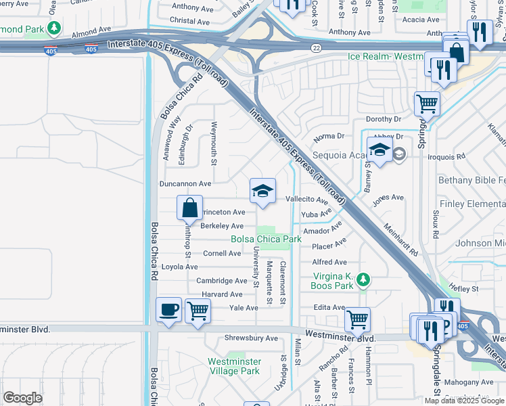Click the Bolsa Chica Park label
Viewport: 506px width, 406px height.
tap(266, 239)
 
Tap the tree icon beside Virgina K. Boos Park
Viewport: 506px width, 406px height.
tap(363, 279)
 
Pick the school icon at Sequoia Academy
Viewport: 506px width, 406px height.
tap(379, 150)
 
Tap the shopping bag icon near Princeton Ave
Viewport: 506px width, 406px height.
tap(190, 208)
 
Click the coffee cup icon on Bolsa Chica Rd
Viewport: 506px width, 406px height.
tap(168, 310)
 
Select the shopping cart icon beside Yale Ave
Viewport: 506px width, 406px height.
tap(198, 311)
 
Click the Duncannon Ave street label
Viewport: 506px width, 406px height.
tap(185, 183)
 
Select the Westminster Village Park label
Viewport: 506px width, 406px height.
tap(233, 366)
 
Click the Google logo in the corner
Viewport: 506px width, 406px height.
tap(23, 398)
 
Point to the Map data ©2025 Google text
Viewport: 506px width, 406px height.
tap(463, 401)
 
